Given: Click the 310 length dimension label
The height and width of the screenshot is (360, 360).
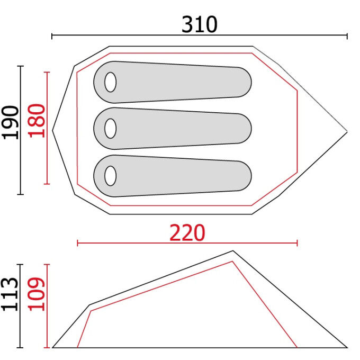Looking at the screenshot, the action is [199, 24].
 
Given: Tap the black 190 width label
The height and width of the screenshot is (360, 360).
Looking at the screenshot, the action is [10, 122].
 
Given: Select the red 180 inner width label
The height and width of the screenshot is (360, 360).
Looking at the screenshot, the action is [37, 121].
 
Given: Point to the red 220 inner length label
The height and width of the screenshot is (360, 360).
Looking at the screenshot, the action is [187, 232].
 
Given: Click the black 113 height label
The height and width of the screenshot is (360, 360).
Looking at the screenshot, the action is [10, 294].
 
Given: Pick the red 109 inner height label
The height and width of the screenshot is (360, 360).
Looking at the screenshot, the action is [37, 294].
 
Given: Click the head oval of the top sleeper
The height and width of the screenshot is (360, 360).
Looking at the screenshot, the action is [111, 82].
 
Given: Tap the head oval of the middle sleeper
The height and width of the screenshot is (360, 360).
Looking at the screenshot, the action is [111, 129].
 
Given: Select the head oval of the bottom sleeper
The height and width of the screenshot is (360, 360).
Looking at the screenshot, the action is [111, 176].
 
